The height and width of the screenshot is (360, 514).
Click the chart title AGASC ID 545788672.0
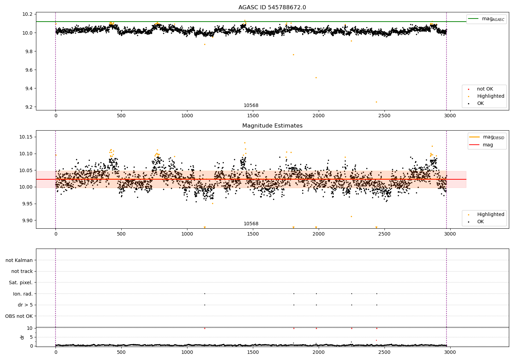tap(272, 8)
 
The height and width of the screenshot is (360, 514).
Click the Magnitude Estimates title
tap(272, 126)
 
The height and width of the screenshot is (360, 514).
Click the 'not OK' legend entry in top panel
tap(485, 89)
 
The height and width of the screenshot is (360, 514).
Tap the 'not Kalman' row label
tap(19, 260)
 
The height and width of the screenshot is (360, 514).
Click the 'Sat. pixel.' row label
tap(21, 283)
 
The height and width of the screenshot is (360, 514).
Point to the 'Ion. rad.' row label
tap(23, 294)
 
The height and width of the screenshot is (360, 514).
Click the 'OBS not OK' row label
tap(19, 316)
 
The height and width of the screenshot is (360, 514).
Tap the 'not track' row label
tap(22, 271)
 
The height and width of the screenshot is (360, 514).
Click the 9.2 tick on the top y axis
tap(28, 107)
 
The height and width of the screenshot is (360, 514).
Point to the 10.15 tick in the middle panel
tap(26, 137)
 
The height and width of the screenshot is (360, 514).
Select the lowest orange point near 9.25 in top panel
tap(376, 102)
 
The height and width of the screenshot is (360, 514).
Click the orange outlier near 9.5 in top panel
tap(316, 77)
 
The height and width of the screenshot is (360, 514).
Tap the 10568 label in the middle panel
tap(251, 224)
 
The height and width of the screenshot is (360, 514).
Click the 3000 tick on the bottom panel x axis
tap(450, 352)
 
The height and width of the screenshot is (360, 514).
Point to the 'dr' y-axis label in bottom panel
tap(22, 337)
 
